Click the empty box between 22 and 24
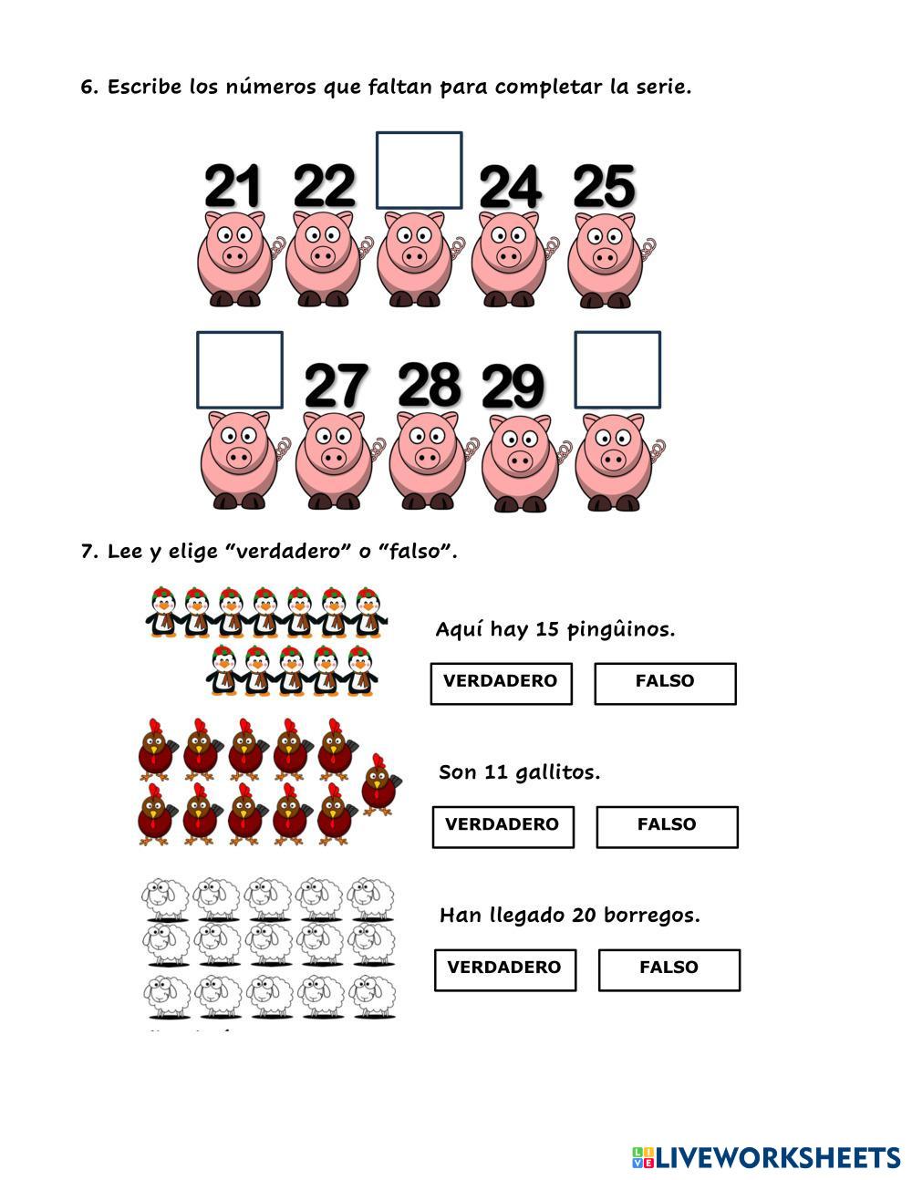tap(419, 171)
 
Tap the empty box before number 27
tap(240, 369)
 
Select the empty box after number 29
tap(617, 369)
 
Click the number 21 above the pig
tap(233, 186)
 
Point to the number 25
tap(604, 186)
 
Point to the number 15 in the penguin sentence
tap(547, 629)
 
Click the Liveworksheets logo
tap(765, 1158)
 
